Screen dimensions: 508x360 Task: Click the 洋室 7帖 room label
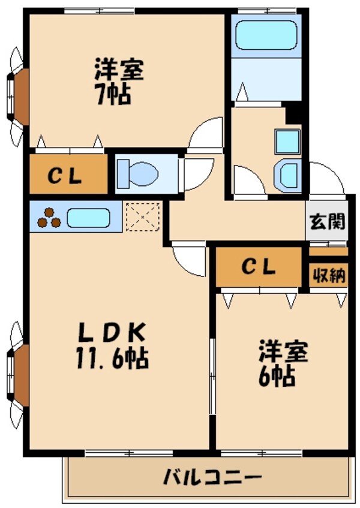[x=119, y=82]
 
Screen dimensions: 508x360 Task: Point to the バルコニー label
[x=212, y=478]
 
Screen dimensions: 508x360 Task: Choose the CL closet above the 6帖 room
[x=259, y=266]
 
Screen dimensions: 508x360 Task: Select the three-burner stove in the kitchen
[x=49, y=218]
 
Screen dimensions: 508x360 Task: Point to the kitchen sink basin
[x=88, y=217]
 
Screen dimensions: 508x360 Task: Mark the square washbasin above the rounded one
[x=287, y=142]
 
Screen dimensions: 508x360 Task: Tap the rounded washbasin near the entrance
[x=287, y=175]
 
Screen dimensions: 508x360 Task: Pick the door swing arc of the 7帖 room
[x=208, y=133]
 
